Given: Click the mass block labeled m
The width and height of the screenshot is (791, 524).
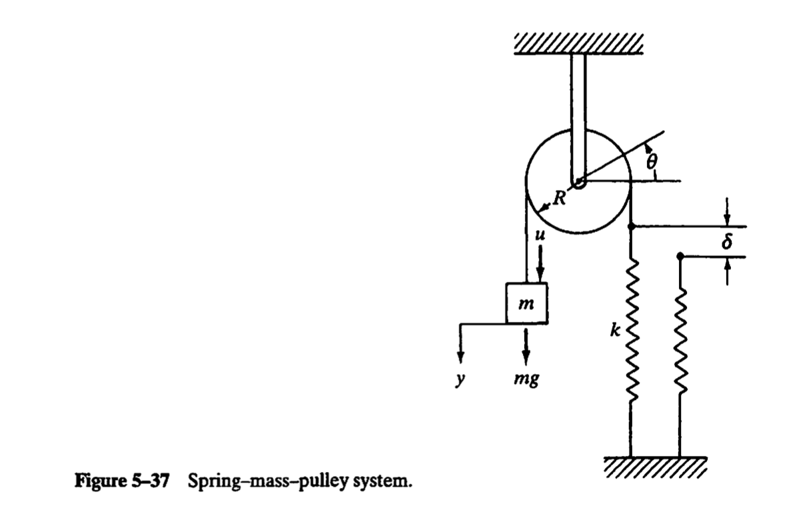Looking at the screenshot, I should [526, 303].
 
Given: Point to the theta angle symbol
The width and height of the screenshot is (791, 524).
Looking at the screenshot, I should [652, 161].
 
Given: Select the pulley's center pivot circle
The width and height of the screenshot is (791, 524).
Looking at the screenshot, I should [578, 181].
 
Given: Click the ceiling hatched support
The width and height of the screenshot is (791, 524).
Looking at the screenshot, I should [579, 44].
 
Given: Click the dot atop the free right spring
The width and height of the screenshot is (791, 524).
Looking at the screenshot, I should [680, 256].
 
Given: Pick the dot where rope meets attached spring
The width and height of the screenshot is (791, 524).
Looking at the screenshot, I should [630, 227].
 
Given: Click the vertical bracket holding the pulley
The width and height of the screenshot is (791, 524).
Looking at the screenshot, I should [578, 113].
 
